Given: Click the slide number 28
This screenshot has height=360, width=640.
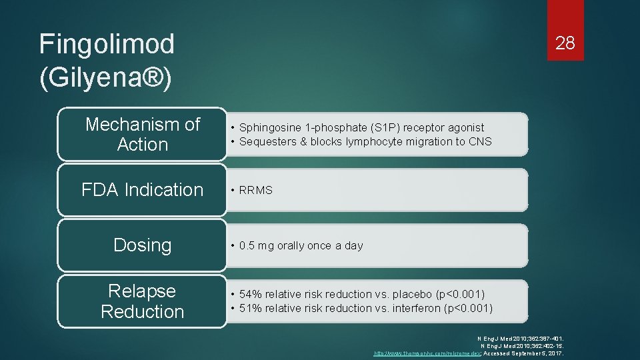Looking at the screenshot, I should point(565,43).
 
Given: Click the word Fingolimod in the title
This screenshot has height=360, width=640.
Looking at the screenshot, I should point(107,45).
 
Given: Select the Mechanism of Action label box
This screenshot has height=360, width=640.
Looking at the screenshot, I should point(142,134).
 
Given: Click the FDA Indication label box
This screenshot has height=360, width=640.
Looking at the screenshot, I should point(142,190).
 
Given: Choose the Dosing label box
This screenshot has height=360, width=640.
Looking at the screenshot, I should point(142,245).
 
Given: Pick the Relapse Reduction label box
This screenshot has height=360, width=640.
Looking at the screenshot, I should point(142,301).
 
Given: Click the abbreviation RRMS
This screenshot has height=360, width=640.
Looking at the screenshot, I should point(256,191).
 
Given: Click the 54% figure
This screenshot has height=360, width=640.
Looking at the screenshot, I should point(251,294).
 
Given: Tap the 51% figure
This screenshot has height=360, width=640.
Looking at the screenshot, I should point(251,308).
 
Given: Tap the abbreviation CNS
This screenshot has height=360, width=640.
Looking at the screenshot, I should point(480,141).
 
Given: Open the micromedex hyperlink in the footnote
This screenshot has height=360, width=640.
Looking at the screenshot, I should point(427,353).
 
